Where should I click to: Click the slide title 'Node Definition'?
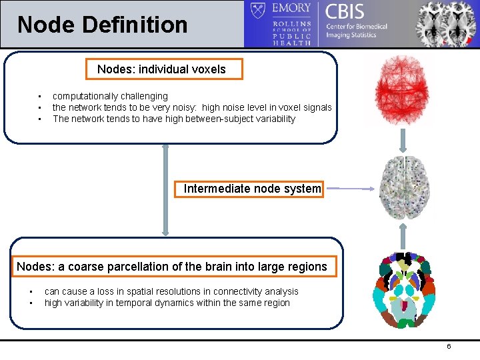click(103, 25)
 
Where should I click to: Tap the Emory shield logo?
click(258, 11)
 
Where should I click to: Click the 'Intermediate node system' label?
click(252, 189)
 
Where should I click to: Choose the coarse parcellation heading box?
click(172, 267)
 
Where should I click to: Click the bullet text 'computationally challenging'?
click(110, 96)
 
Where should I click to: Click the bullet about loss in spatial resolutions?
click(171, 291)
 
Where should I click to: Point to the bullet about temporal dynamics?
click(167, 303)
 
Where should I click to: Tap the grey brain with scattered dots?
click(402, 189)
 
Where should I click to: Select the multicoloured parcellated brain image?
click(403, 289)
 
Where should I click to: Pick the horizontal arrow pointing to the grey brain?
click(351, 189)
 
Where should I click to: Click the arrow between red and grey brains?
click(403, 140)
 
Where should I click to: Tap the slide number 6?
click(449, 347)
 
